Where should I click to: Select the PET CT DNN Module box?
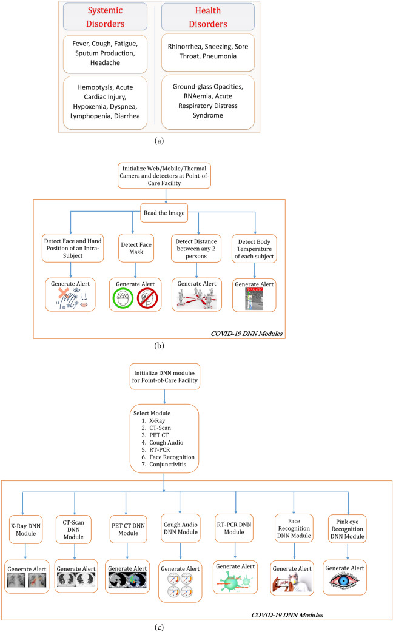tap(125, 523)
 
